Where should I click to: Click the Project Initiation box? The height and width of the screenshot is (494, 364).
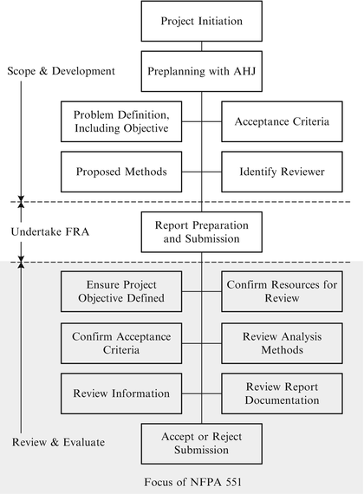pyautogui.click(x=201, y=21)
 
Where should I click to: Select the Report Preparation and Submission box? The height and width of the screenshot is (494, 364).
pyautogui.click(x=201, y=231)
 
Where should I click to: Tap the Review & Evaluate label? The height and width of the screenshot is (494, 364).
pyautogui.click(x=59, y=442)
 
